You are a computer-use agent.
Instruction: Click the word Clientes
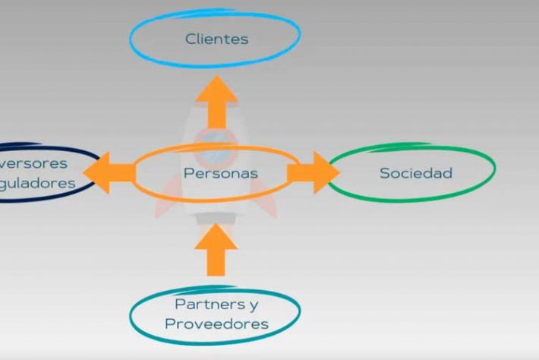click(x=216, y=39)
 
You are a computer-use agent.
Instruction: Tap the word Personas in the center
click(x=220, y=173)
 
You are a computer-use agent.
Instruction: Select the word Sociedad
click(x=415, y=173)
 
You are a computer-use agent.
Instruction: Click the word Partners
click(x=204, y=305)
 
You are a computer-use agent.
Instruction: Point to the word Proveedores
click(x=216, y=324)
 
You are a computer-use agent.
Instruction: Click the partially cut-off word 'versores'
click(x=35, y=163)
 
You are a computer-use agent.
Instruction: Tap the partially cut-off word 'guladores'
click(x=38, y=183)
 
